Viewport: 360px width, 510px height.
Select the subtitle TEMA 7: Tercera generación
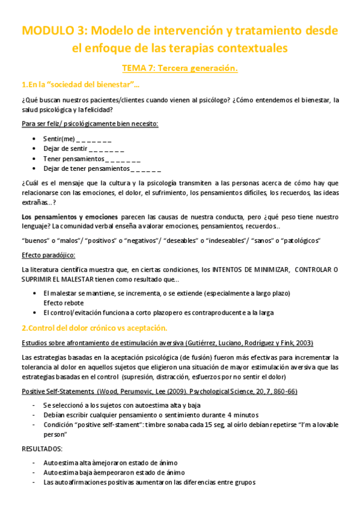click(180, 68)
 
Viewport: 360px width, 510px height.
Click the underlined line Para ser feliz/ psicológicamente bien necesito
click(90, 123)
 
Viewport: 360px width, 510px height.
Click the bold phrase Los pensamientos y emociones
click(69, 216)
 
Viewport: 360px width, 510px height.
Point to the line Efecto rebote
click(63, 303)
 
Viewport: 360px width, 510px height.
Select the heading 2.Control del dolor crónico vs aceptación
click(94, 328)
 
